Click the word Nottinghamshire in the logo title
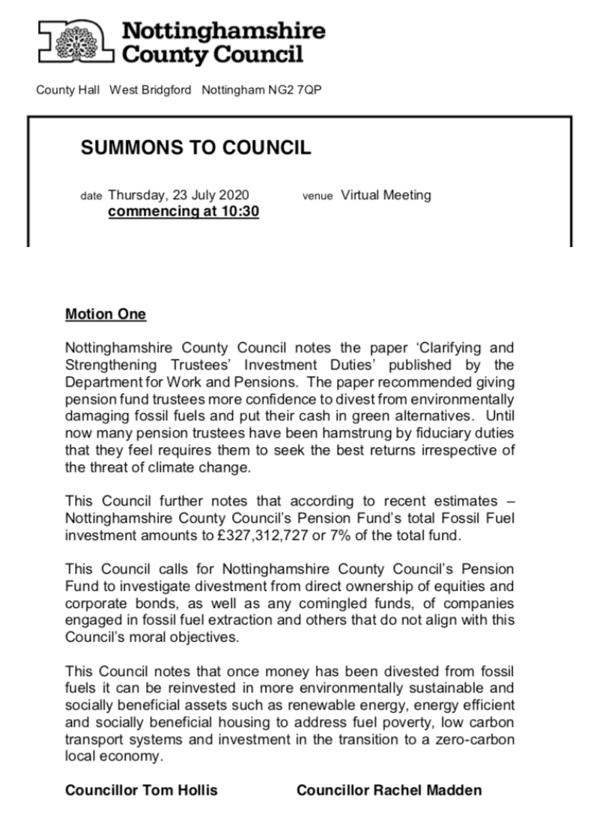tap(224, 31)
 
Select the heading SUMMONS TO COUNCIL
tap(195, 148)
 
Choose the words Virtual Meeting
tap(386, 195)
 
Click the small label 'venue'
tap(317, 196)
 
